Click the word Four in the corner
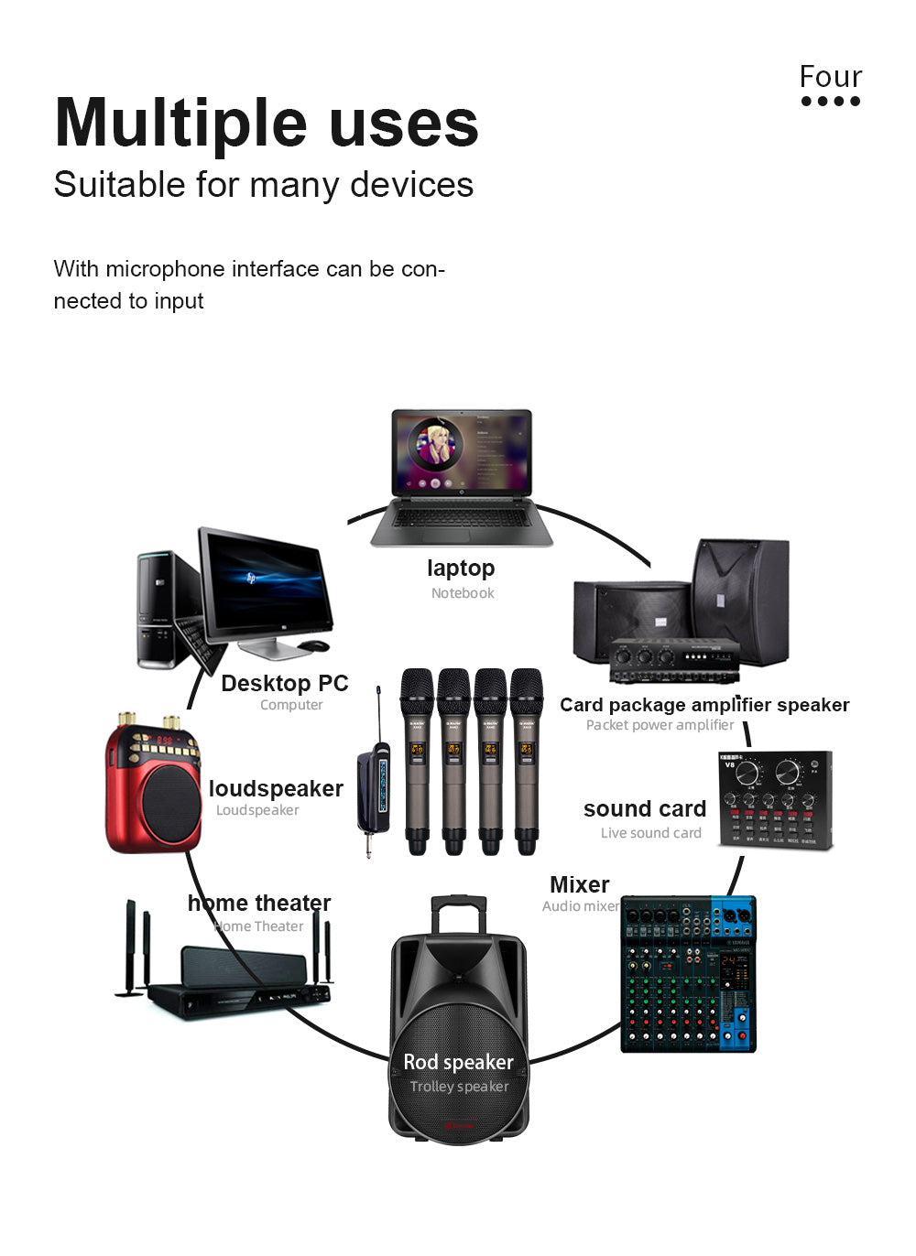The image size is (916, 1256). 830,76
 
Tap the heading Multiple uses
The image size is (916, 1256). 267,123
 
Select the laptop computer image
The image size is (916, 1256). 461,477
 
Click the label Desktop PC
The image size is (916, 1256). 285,683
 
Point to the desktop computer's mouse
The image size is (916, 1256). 314,645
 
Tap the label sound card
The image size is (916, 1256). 645,809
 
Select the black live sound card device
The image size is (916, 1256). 775,799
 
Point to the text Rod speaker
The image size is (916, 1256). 459,1062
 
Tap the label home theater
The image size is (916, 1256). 259,903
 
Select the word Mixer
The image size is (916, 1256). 580,884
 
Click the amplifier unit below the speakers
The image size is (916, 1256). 674,659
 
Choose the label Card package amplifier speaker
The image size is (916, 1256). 704,705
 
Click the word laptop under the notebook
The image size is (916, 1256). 461,568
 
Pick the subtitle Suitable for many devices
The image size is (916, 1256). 264,184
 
